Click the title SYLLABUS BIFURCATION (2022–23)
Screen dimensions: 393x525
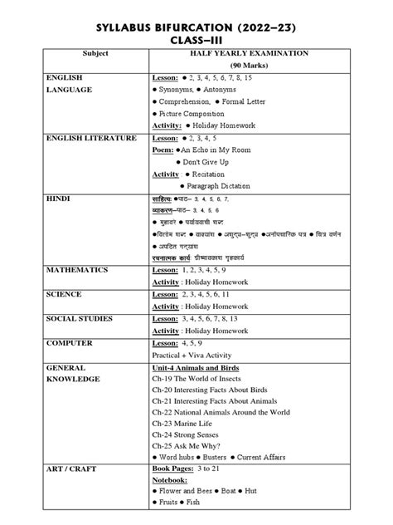tap(196, 28)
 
